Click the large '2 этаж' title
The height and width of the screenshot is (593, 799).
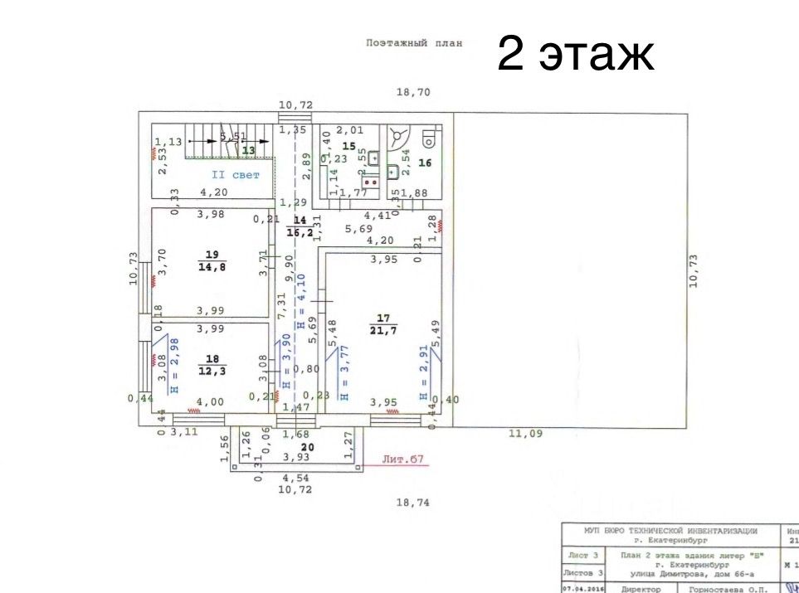576,55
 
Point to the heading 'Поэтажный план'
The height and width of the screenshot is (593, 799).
414,43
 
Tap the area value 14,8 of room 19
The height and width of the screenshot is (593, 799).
212,267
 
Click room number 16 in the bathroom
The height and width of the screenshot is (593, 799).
425,163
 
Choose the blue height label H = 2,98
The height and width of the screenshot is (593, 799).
174,365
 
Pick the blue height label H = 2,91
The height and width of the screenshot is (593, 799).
423,373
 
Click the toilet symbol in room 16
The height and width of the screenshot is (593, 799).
429,136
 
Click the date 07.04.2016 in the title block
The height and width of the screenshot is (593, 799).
582,588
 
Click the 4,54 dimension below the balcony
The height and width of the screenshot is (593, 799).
296,478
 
